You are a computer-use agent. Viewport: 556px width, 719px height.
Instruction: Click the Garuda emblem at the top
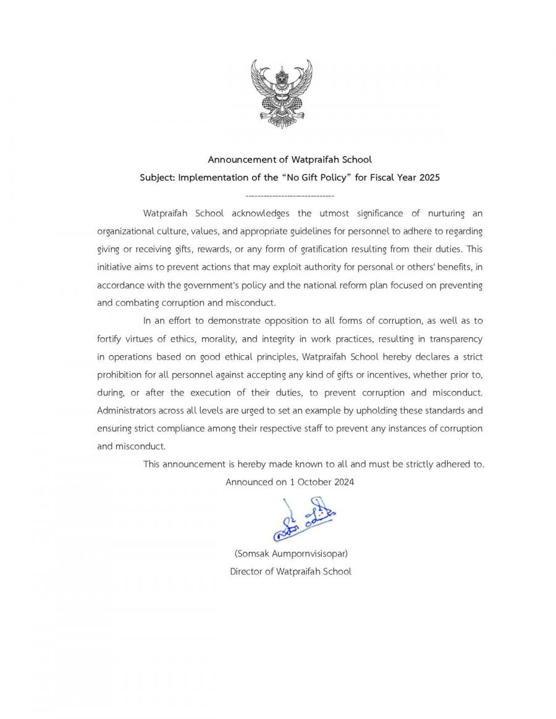(x=281, y=93)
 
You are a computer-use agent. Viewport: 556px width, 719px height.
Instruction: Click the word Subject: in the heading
(x=158, y=177)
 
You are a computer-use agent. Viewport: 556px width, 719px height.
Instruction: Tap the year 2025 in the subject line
(x=429, y=177)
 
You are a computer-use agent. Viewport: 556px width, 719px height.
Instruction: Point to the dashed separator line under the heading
(x=285, y=196)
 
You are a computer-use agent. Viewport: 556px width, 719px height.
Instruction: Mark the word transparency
(x=455, y=339)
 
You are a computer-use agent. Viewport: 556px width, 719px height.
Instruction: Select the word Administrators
(x=127, y=411)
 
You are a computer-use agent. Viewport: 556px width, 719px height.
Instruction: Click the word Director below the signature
(x=246, y=571)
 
